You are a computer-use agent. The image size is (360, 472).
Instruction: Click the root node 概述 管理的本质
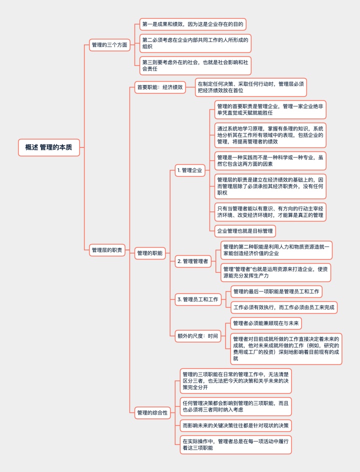(x=49, y=147)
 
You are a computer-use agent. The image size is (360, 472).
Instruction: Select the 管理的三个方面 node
(x=109, y=45)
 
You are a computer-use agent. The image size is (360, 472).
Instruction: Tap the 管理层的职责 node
(x=107, y=250)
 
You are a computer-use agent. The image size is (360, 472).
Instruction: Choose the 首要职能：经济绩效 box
(x=160, y=87)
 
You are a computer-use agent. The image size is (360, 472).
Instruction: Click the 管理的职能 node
(x=149, y=253)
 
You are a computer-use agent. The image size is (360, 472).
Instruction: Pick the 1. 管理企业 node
(x=189, y=170)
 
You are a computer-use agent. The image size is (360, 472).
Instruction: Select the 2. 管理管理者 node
(x=192, y=261)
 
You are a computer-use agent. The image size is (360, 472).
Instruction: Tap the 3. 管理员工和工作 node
(x=198, y=299)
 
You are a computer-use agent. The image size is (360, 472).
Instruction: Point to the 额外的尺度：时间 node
(x=198, y=336)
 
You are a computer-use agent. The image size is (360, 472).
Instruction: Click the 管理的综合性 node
(x=152, y=412)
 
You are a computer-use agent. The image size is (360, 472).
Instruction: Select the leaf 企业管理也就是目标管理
(x=245, y=231)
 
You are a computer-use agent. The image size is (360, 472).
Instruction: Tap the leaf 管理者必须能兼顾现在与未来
(x=266, y=323)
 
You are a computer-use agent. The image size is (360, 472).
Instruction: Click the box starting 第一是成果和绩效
(x=193, y=24)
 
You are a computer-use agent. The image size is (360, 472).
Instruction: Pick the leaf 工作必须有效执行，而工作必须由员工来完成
(x=284, y=307)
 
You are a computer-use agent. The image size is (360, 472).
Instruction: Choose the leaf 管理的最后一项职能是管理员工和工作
(x=276, y=291)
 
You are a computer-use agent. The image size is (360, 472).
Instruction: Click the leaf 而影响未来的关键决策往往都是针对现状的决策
(x=235, y=425)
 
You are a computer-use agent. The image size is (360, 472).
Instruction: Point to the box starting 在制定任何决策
(x=251, y=87)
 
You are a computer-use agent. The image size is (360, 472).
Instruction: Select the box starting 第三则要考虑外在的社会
(x=195, y=65)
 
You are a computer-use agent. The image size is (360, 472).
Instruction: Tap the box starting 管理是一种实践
(x=270, y=160)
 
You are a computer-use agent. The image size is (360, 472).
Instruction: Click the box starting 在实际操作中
(x=235, y=444)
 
